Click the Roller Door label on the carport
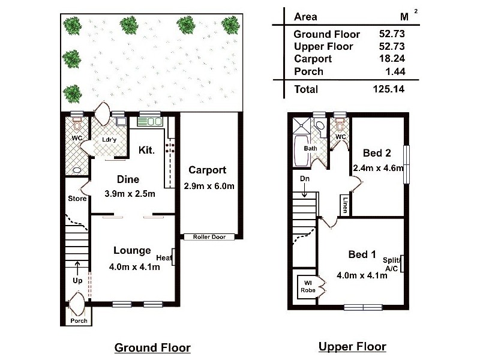pos(209,236)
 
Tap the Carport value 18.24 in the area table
pos(392,58)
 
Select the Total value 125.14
pos(389,89)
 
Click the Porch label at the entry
pos(79,320)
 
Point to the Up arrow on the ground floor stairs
pos(77,268)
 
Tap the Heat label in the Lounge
pos(164,258)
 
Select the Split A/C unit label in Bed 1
pos(392,265)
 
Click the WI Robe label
pos(308,287)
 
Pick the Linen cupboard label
pos(345,205)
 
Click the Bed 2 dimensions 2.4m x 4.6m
pos(379,168)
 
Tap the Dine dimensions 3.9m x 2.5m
pos(130,193)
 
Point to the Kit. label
pos(146,150)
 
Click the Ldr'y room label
pos(109,140)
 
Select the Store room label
pos(77,199)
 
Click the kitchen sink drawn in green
pos(149,121)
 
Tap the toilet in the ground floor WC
pos(77,125)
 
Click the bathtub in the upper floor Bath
pos(301,151)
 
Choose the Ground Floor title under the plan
pos(152,348)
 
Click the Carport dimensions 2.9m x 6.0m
pos(209,186)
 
